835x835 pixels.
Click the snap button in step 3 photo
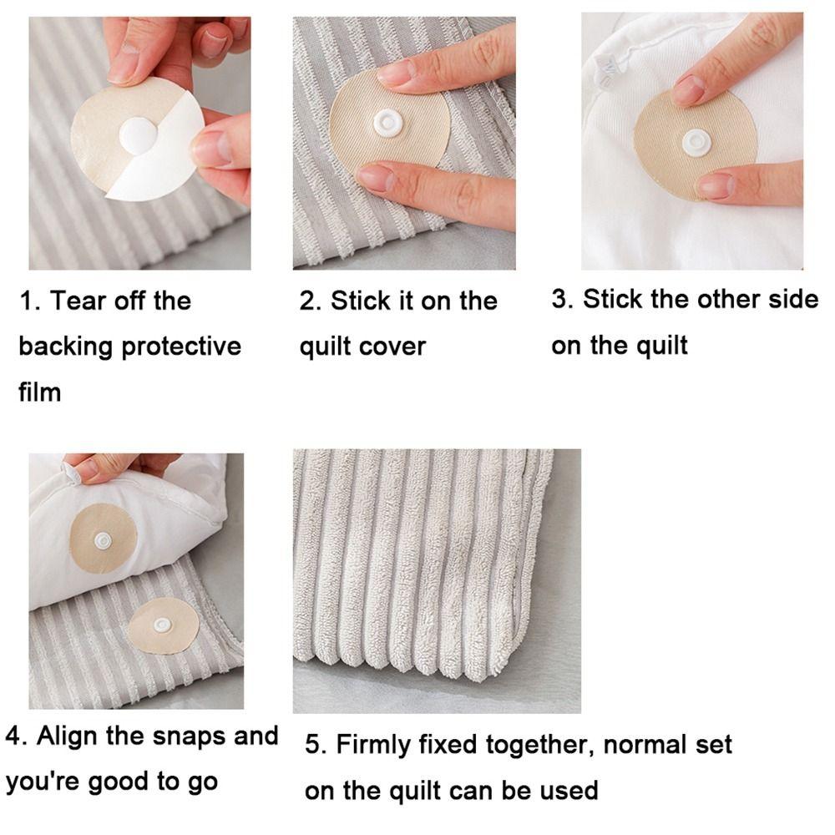pos(696,142)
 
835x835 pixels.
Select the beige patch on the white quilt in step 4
pos(102,540)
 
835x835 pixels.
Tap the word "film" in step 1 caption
pos(40,392)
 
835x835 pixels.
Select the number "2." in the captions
pos(311,301)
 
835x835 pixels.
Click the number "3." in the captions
pos(563,300)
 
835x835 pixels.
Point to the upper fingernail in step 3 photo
pos(690,89)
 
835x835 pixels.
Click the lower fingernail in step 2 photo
pos(377,177)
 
